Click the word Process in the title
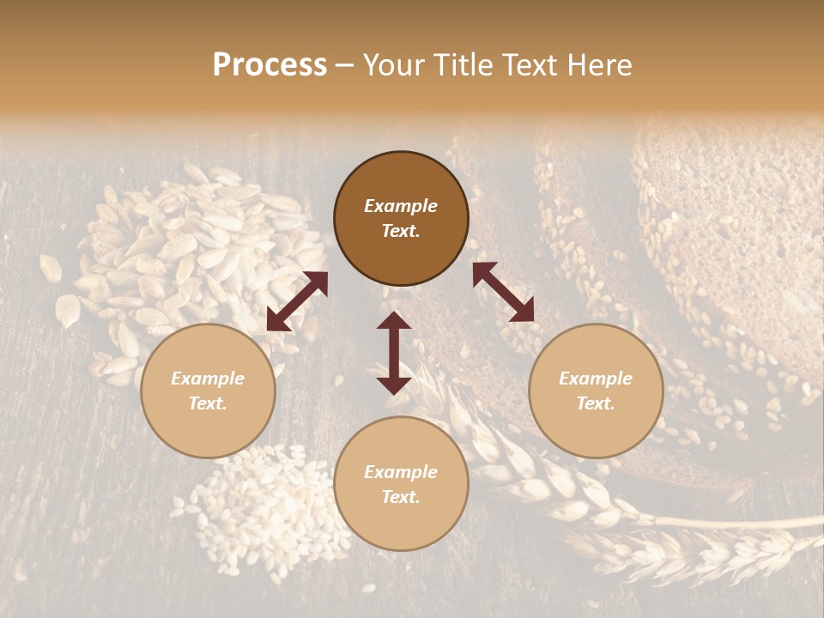pos(270,64)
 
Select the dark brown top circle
pos(401,219)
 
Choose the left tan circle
pos(208,391)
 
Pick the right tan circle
pos(595,391)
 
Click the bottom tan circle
pos(401,484)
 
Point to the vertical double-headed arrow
pos(394,354)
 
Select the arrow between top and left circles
pos(297,301)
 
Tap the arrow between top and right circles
pos(503,292)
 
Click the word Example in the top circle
pos(401,206)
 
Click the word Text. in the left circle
pos(208,403)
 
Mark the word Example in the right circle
pos(595,379)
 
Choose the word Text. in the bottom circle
pos(401,497)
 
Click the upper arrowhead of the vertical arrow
pos(394,322)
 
